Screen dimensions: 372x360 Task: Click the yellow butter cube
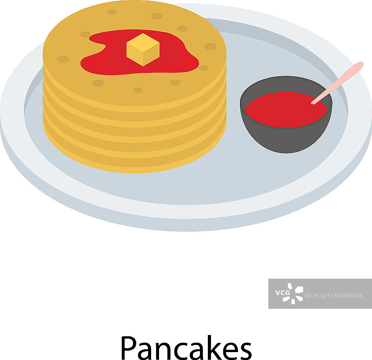point(143,50)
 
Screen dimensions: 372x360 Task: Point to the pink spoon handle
point(337,83)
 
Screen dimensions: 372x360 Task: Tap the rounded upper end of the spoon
point(359,65)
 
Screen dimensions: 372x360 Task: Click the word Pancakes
point(186,347)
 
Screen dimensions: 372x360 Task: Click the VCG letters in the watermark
point(282,293)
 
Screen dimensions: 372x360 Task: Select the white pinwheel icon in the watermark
point(293,293)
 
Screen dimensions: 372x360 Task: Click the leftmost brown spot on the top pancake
point(63,60)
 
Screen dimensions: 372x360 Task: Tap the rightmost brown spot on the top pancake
point(211,47)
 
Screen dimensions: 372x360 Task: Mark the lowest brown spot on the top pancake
point(138,90)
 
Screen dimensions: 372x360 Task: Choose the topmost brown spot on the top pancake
point(112,12)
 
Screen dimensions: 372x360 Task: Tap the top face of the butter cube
point(143,42)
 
